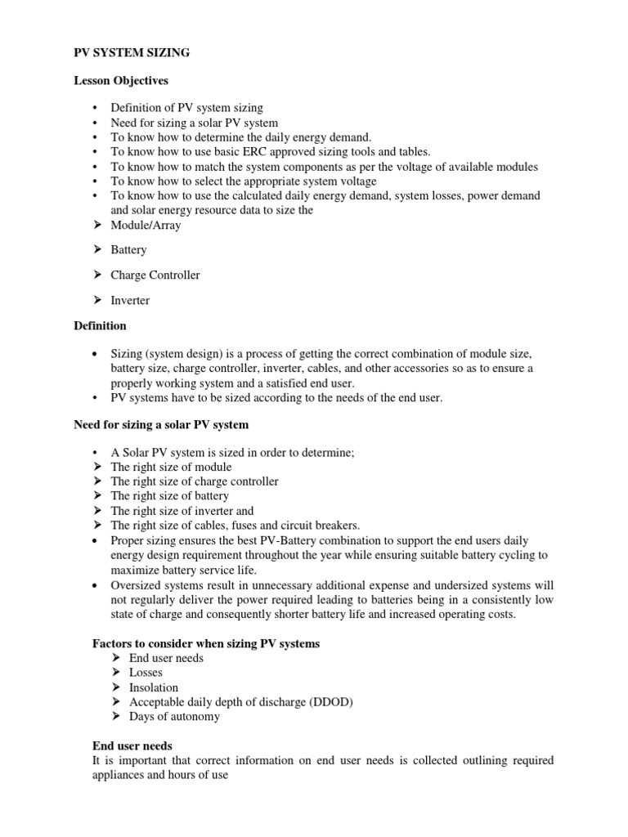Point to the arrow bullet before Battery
(x=99, y=250)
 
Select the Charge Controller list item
(x=155, y=275)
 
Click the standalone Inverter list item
(x=130, y=301)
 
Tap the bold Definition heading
(x=100, y=326)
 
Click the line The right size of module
(x=171, y=468)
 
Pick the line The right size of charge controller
(x=194, y=481)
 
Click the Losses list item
(x=146, y=673)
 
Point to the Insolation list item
(x=153, y=687)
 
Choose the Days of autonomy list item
(x=174, y=717)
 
